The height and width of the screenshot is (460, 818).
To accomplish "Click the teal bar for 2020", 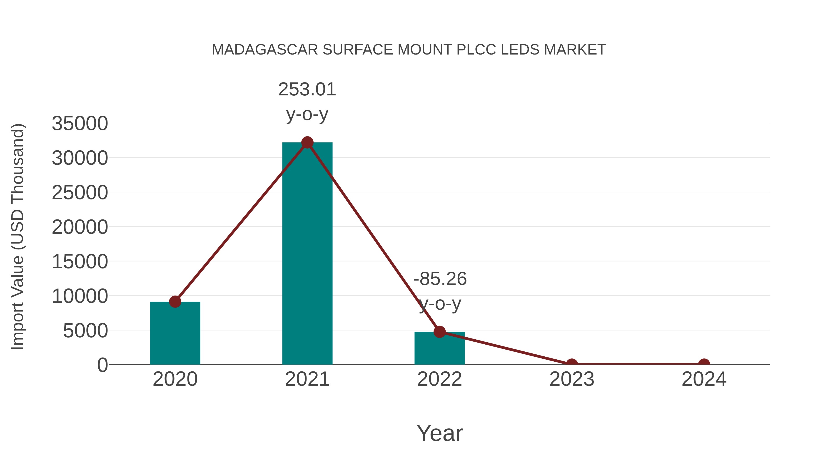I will tap(175, 333).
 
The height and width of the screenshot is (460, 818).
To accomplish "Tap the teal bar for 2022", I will tap(439, 348).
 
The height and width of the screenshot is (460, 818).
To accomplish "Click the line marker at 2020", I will tap(175, 302).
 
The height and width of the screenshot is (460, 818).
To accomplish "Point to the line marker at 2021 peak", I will tap(307, 142).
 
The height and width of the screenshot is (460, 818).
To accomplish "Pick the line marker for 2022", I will tap(439, 332).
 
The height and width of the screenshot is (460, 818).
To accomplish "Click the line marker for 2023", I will tap(572, 364).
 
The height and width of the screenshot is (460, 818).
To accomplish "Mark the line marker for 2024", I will tap(704, 364).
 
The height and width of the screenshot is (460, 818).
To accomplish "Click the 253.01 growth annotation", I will tap(307, 101).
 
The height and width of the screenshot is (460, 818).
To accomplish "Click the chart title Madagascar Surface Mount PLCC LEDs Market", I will tap(409, 50).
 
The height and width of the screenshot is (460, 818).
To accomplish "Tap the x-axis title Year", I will tap(439, 433).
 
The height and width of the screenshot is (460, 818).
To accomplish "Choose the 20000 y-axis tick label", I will tap(80, 227).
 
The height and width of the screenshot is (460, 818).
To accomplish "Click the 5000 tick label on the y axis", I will tap(85, 331).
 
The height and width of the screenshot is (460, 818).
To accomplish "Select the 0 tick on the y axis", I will tap(102, 365).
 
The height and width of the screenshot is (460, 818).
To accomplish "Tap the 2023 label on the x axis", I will tap(572, 379).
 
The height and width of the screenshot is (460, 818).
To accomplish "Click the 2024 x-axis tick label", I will tap(704, 379).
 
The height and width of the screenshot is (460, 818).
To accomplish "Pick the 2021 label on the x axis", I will tap(307, 379).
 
